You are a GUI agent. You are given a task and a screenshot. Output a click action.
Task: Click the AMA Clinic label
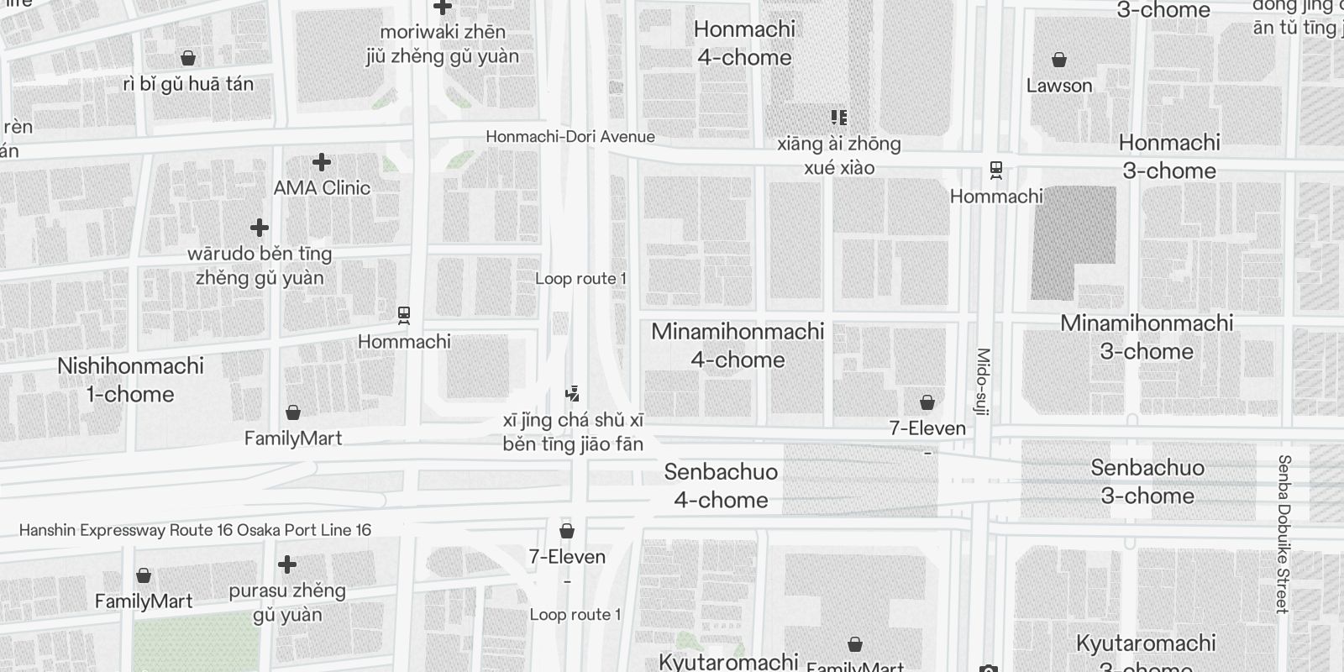(322, 187)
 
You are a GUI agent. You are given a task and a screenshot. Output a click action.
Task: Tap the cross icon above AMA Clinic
(322, 161)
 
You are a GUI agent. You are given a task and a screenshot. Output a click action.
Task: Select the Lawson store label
(1059, 86)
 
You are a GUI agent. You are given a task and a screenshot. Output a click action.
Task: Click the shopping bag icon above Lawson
(1059, 60)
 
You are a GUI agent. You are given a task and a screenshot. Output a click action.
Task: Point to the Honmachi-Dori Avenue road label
(570, 137)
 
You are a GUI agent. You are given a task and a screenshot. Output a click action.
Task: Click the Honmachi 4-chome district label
(744, 44)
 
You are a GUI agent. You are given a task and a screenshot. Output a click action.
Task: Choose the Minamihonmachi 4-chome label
(738, 345)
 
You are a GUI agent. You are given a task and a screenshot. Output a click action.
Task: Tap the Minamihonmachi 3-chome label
(1147, 337)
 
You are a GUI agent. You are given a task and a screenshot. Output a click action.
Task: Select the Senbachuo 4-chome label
(721, 486)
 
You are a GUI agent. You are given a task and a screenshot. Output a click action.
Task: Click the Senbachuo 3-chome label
(1147, 481)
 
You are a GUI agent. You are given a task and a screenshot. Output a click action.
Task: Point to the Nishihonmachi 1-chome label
(130, 380)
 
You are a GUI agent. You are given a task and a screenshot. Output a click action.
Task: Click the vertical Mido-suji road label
(984, 382)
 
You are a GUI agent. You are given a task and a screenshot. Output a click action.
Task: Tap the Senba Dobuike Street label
(1283, 534)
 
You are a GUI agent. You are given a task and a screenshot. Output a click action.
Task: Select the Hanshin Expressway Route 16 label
(195, 530)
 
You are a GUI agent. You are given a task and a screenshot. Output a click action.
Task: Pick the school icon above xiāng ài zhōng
(838, 117)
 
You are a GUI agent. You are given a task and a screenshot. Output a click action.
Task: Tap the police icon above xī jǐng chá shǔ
(573, 393)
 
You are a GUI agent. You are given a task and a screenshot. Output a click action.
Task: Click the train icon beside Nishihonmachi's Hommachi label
(404, 316)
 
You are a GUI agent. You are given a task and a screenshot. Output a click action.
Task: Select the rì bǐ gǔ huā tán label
(188, 84)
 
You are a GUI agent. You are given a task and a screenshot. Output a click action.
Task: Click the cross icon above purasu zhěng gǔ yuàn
(287, 564)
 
